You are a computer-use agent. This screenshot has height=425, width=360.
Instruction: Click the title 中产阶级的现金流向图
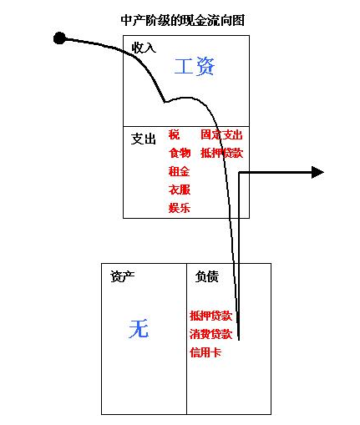coord(183,20)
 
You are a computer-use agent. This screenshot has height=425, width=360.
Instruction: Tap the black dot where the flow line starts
coord(59,38)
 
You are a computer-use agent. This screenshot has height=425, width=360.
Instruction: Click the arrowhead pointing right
coord(317,172)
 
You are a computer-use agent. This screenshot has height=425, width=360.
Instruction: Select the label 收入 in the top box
coord(144,48)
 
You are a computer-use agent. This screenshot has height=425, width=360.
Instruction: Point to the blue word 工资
coord(195,66)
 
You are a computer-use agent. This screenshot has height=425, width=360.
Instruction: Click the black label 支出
coord(143,139)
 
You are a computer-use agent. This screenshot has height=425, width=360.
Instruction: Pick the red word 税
coord(174,134)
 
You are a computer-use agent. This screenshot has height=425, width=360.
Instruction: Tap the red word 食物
coord(180,153)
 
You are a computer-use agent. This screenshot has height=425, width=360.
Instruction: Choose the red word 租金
coord(180,171)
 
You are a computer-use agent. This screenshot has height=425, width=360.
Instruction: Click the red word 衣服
coord(180,190)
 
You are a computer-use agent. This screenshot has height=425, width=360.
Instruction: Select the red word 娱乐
coord(180,208)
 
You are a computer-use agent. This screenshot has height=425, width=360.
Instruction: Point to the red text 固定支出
coord(221,134)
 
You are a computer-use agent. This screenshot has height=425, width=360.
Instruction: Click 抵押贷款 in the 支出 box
coord(222,153)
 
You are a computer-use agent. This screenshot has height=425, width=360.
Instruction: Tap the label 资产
coord(123,276)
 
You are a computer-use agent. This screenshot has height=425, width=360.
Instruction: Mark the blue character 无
coord(139,328)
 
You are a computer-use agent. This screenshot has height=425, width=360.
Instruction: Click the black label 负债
coord(207,276)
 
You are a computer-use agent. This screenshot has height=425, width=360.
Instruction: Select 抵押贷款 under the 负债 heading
coord(211,316)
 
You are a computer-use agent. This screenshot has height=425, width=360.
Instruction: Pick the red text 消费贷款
coord(211,334)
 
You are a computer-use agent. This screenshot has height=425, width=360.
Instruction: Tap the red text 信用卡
coord(205,352)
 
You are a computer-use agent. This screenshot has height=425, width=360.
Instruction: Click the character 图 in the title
coord(239,20)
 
